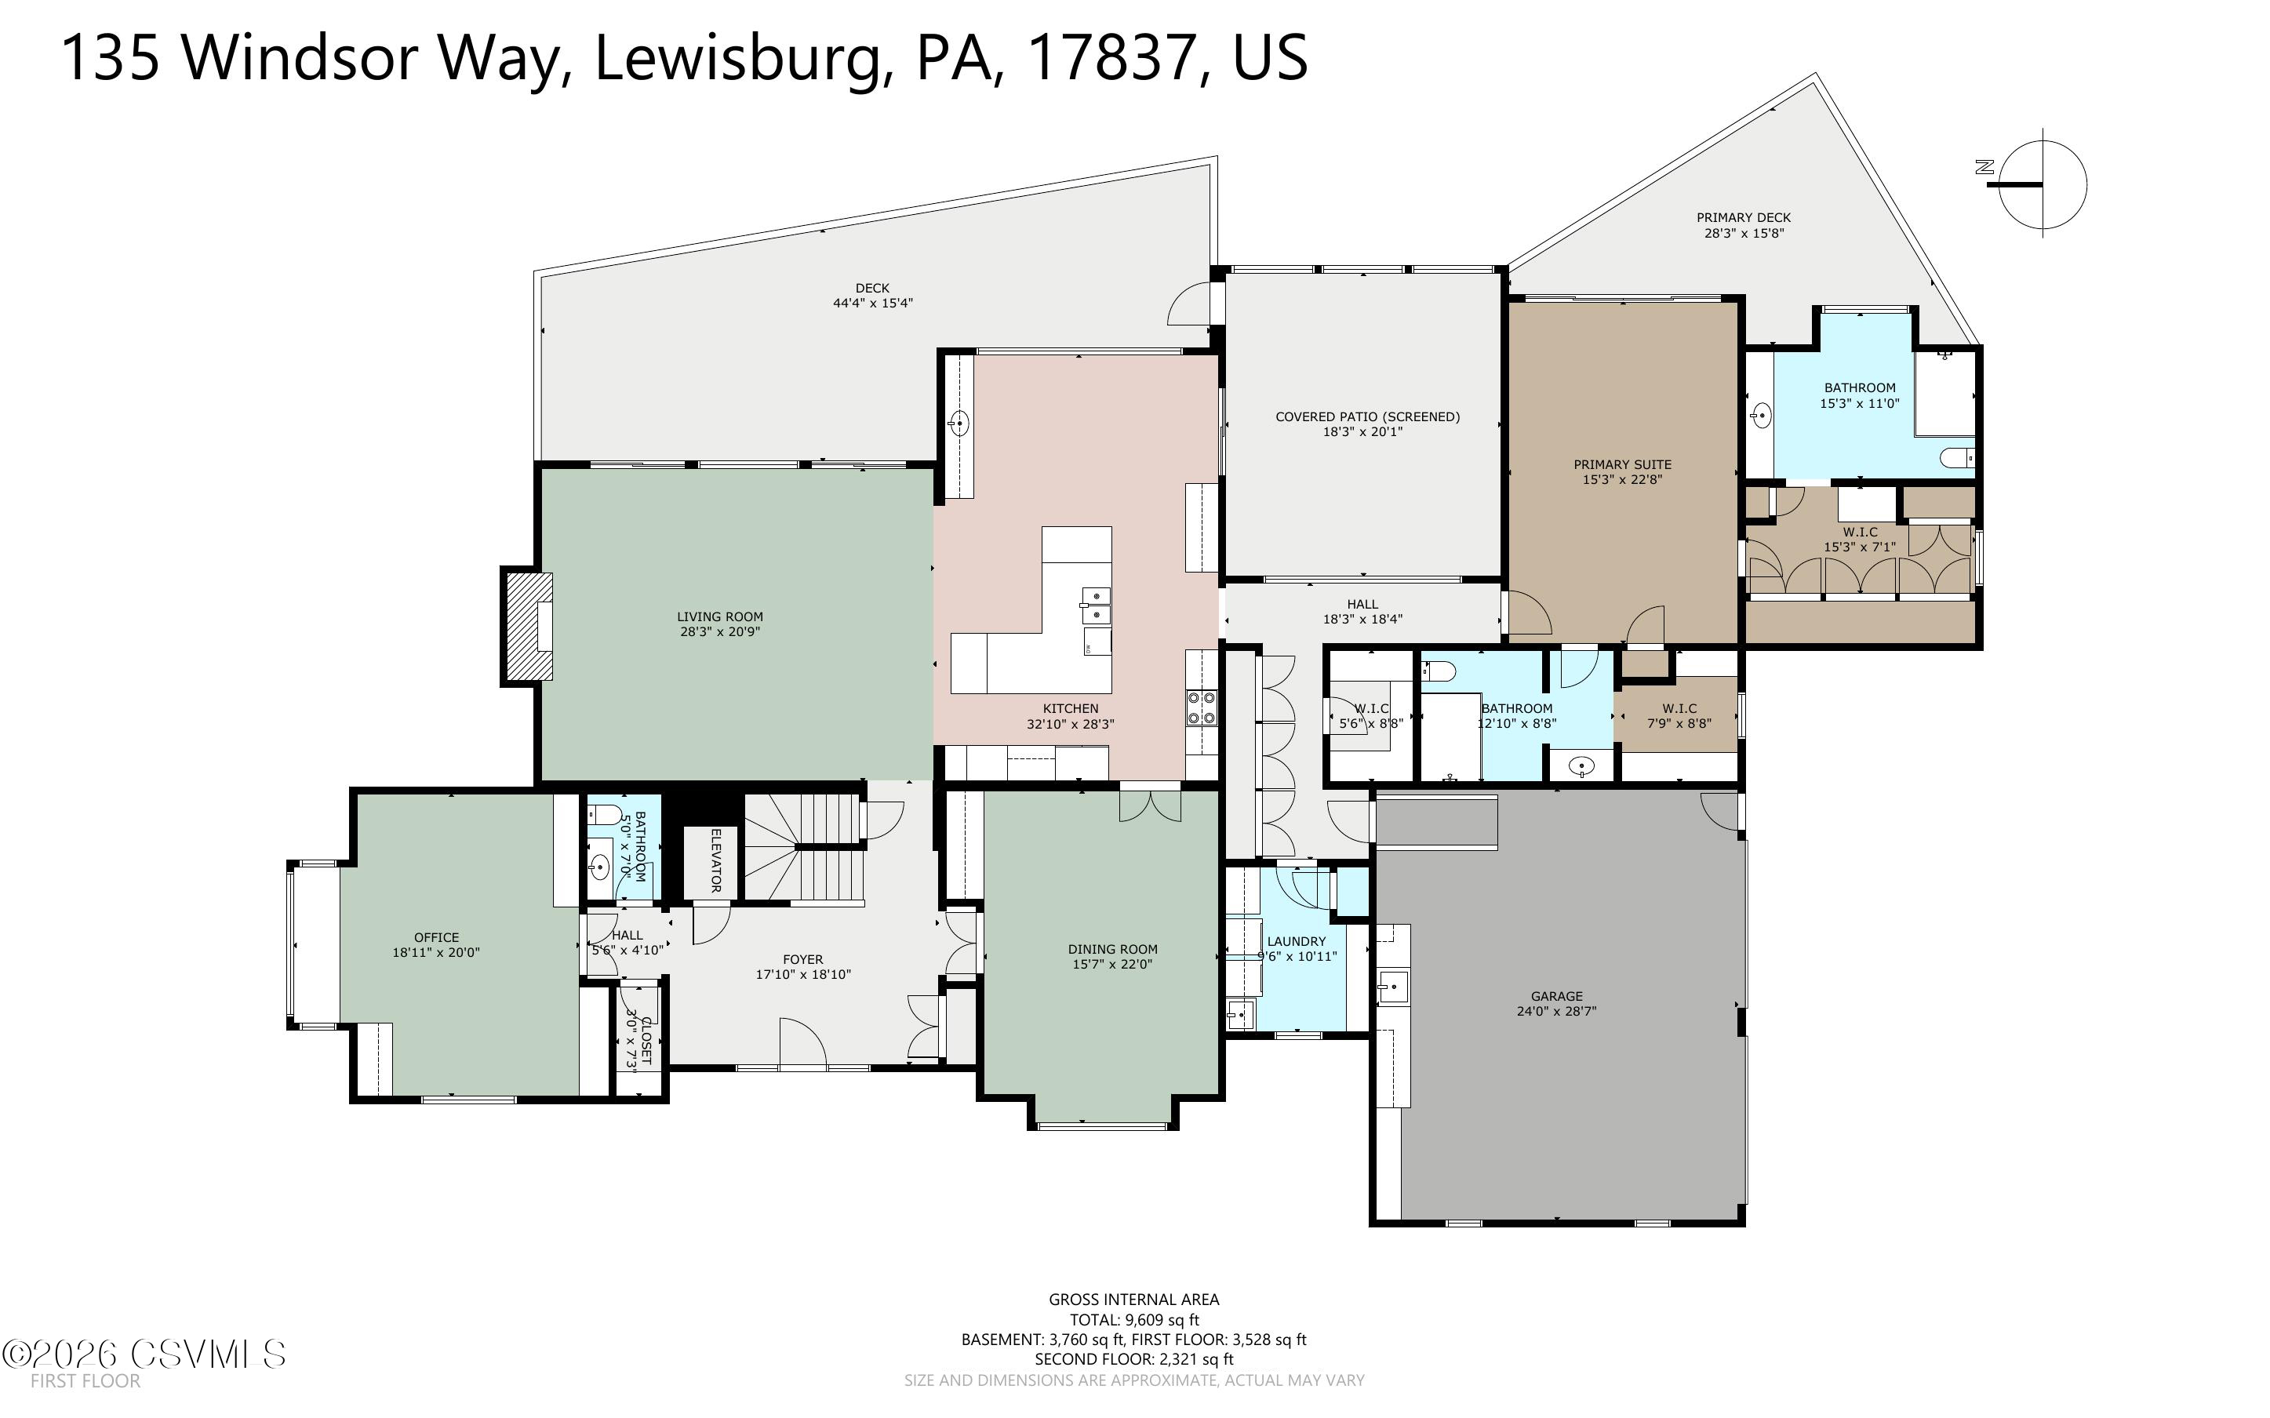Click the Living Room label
pyautogui.click(x=719, y=616)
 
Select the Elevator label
pyautogui.click(x=715, y=860)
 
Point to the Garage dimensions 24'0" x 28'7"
pyautogui.click(x=1555, y=1011)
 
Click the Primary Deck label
pyautogui.click(x=1743, y=217)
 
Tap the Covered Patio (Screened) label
pyautogui.click(x=1367, y=416)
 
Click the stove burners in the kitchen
pyautogui.click(x=1201, y=708)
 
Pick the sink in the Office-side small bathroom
pyautogui.click(x=599, y=867)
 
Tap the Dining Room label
pyautogui.click(x=1112, y=949)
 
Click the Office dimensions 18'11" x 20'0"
pyautogui.click(x=436, y=953)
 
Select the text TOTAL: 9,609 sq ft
pyautogui.click(x=1133, y=1319)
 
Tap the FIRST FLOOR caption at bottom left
pyautogui.click(x=85, y=1381)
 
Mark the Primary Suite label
pyautogui.click(x=1622, y=464)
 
